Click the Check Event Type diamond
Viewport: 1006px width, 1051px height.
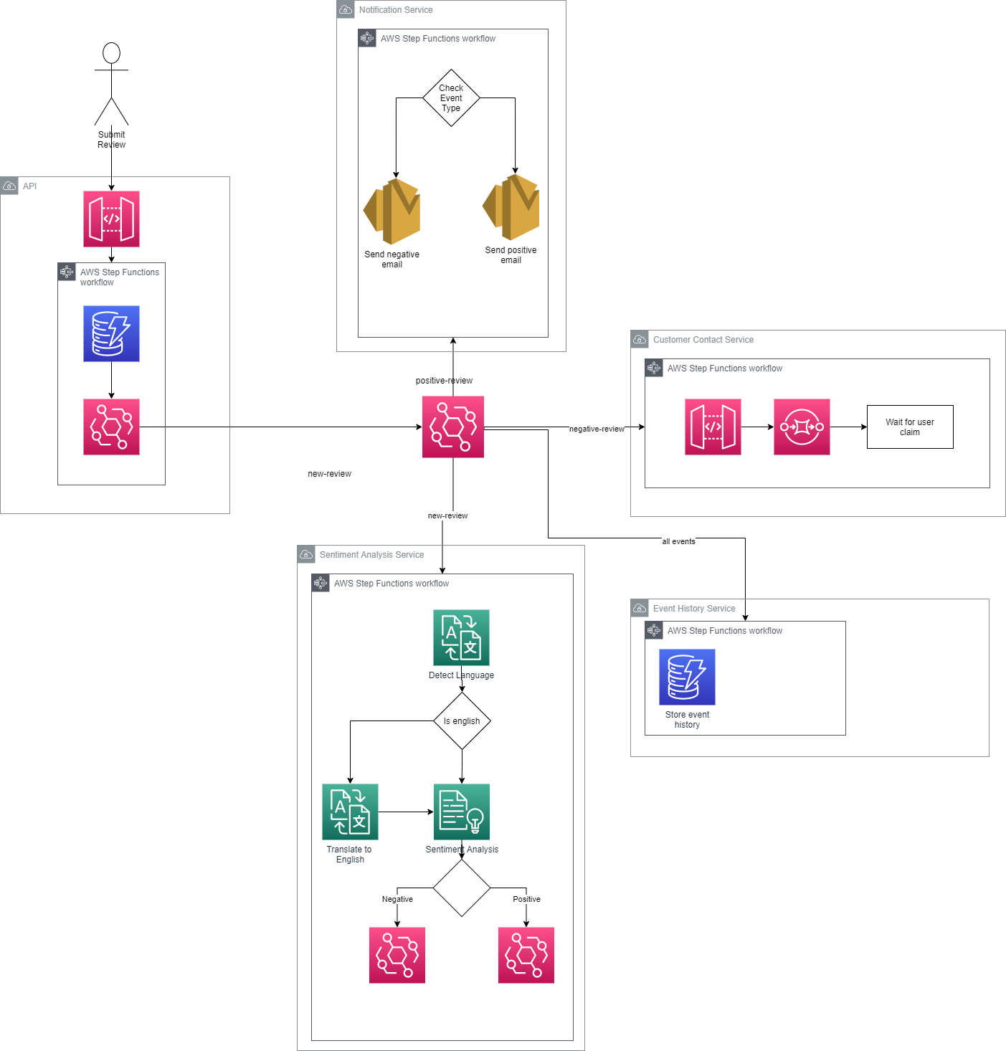tap(450, 98)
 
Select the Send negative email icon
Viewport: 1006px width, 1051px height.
tap(392, 211)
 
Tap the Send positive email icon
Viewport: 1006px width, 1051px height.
tap(511, 207)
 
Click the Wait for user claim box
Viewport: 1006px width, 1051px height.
tap(909, 427)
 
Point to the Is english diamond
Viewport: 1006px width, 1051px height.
tap(461, 721)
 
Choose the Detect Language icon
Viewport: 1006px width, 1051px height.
tap(461, 637)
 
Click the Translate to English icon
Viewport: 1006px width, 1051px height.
tap(350, 812)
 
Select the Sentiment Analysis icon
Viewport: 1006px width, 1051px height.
tap(461, 812)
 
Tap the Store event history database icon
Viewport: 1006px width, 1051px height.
tap(687, 677)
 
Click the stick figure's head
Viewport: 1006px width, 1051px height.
tap(111, 53)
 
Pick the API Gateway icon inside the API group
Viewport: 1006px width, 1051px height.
tap(111, 219)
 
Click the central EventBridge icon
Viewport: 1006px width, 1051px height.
tap(452, 427)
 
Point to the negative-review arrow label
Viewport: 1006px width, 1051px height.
tap(596, 429)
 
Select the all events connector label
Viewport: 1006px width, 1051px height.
tap(678, 541)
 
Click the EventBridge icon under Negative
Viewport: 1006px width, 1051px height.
tap(397, 955)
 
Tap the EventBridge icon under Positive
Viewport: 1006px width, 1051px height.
tap(526, 955)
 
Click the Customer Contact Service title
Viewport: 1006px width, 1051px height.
tap(703, 339)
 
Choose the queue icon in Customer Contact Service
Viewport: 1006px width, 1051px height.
tap(801, 427)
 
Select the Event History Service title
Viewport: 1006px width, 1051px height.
tap(693, 608)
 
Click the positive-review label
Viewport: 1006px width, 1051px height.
tap(444, 380)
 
